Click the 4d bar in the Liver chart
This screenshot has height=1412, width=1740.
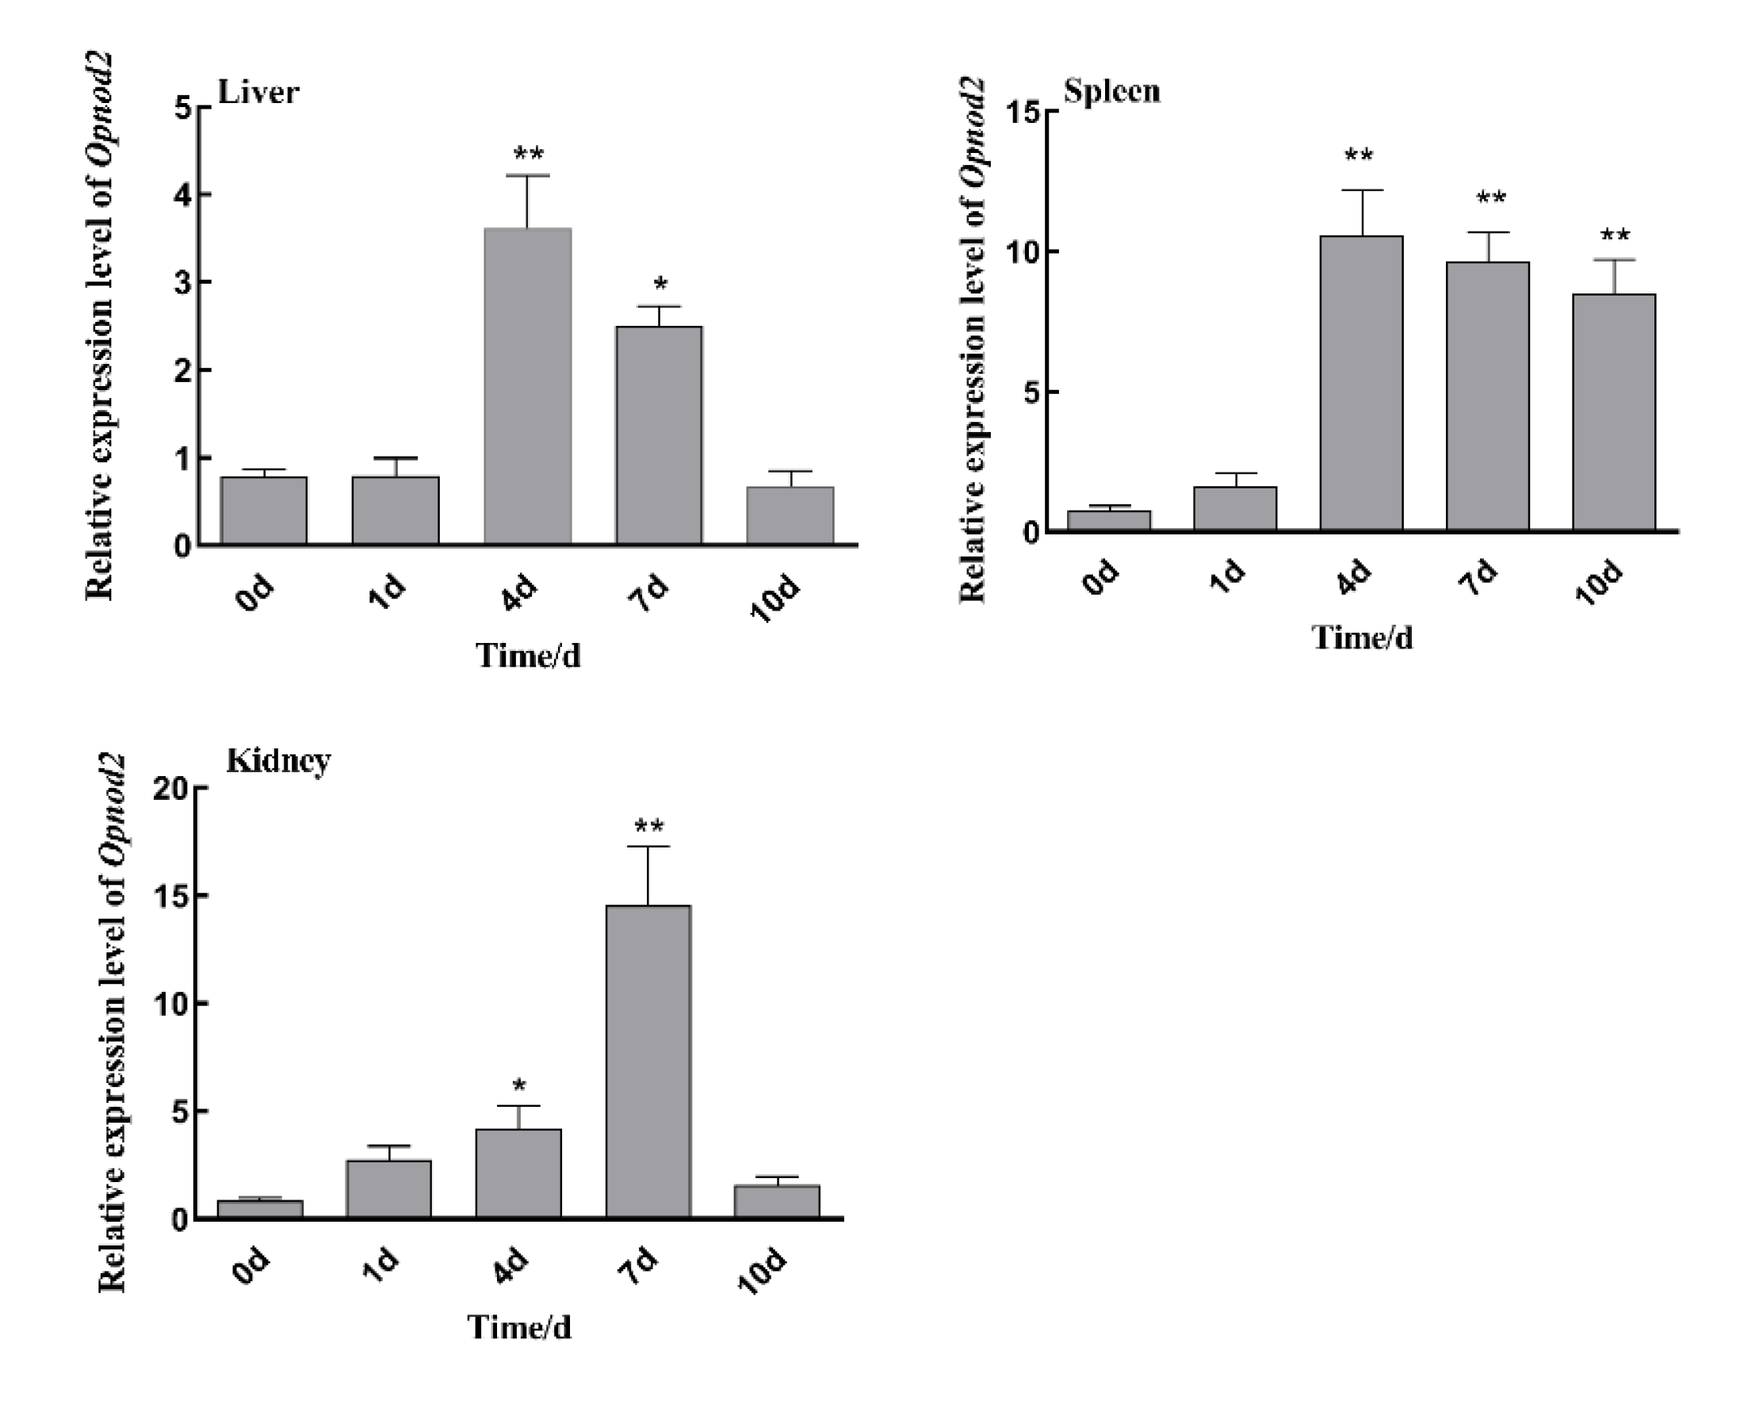pos(528,386)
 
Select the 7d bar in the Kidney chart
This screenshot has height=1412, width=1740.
pos(648,1062)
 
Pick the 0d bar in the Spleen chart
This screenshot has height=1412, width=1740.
pos(1108,521)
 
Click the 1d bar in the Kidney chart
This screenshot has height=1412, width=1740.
pos(388,1188)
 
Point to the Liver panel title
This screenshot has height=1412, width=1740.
pos(258,93)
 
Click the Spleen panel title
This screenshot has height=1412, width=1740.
pos(1111,91)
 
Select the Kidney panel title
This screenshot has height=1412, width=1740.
pos(278,760)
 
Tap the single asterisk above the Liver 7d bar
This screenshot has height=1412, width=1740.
pos(660,285)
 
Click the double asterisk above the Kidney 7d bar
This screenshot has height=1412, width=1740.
pos(649,827)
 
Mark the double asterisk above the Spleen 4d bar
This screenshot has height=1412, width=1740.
pos(1359,155)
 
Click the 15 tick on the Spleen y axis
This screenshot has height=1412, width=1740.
pos(1023,112)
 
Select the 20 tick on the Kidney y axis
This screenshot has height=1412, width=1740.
pos(170,788)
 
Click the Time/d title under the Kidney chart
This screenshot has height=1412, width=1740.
pos(518,1327)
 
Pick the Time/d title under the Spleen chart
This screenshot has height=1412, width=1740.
pos(1362,637)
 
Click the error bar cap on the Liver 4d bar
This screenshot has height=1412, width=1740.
pos(527,176)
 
